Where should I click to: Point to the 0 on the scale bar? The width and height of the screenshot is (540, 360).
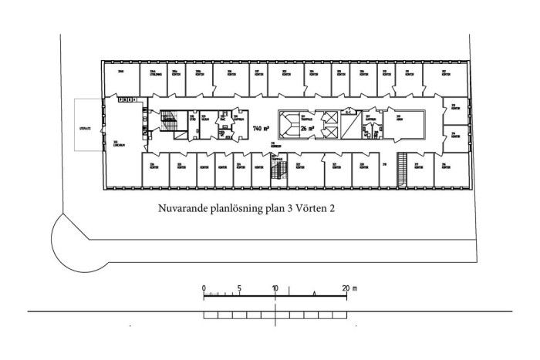pyautogui.click(x=204, y=288)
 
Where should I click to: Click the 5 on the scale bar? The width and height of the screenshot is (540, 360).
pyautogui.click(x=240, y=288)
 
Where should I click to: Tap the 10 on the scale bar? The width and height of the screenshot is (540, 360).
pyautogui.click(x=275, y=288)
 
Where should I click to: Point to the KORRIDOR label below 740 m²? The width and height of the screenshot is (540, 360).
pyautogui.click(x=273, y=145)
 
